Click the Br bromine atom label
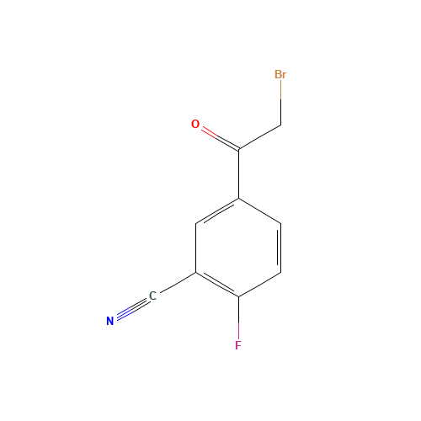click(280, 75)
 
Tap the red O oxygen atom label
click(195, 125)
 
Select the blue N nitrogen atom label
click(109, 321)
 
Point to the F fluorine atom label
click(238, 346)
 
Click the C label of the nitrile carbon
click(152, 296)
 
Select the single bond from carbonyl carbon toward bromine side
click(259, 138)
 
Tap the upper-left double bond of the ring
click(217, 212)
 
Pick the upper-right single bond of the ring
click(260, 210)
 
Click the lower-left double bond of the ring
click(217, 285)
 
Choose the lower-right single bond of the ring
click(260, 285)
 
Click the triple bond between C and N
click(131, 309)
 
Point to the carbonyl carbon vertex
click(239, 150)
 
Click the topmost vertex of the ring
click(239, 199)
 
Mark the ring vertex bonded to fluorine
click(239, 297)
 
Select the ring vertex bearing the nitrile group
click(196, 273)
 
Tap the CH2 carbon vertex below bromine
click(280, 125)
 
